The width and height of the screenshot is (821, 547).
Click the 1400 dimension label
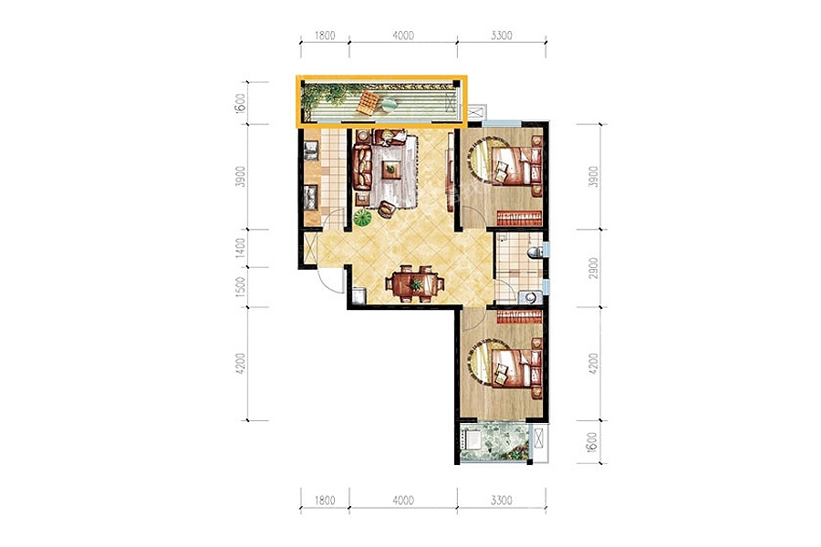click(240, 247)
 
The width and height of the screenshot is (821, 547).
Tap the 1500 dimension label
click(240, 287)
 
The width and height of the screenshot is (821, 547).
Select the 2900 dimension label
click(593, 267)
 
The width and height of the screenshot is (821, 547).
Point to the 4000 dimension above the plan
click(403, 36)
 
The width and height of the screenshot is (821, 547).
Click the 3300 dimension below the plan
click(501, 501)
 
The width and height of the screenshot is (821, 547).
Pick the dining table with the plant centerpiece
click(415, 284)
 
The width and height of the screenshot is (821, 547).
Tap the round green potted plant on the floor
click(362, 217)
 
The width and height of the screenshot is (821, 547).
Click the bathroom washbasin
click(530, 298)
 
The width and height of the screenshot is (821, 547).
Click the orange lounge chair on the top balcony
click(369, 102)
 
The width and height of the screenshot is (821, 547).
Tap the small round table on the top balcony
click(390, 105)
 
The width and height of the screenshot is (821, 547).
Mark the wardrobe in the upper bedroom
click(519, 218)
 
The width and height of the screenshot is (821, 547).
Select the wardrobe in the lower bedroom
click(519, 316)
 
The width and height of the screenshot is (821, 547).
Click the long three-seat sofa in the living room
click(362, 168)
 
